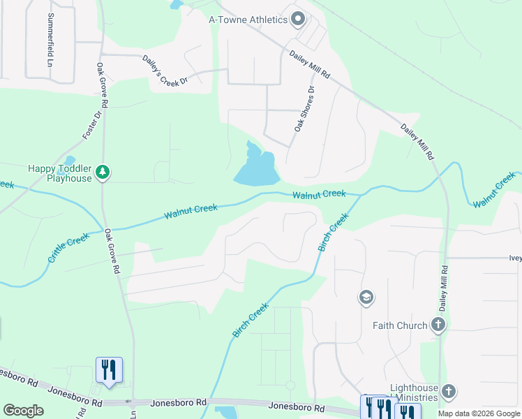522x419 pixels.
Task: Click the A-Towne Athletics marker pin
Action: pos(299,19)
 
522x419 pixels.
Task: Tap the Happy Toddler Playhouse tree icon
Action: pos(103,172)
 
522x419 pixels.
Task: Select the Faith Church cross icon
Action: pos(438,325)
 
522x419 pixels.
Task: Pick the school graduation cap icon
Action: pos(366,298)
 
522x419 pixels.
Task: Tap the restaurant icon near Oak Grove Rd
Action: pos(108,369)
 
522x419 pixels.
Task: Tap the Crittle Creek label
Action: pos(69,248)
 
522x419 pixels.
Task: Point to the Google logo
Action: pos(23,411)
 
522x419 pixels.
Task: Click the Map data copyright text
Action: pos(479,413)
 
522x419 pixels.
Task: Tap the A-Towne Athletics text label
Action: pos(248,20)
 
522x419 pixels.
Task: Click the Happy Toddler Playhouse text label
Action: pos(60,173)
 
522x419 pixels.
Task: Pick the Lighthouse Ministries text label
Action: pos(414,393)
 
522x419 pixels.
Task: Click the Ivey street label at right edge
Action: pos(515,257)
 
